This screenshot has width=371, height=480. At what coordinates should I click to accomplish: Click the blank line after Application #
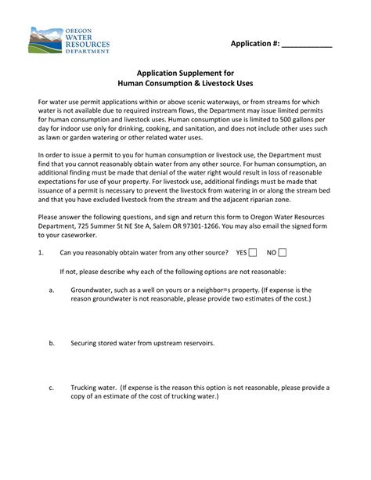[x=306, y=44]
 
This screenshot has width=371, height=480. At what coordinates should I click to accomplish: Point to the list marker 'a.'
[x=51, y=289]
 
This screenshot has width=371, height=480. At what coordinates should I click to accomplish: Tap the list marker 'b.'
[x=51, y=343]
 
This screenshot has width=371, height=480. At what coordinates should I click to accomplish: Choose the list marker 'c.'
[x=51, y=387]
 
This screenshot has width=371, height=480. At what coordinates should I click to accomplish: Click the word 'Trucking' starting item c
[x=85, y=387]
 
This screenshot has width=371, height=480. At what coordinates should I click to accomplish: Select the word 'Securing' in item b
[x=85, y=343]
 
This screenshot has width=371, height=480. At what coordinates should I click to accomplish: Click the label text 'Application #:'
[x=254, y=43]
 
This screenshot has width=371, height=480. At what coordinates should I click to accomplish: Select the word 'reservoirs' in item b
[x=196, y=343]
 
